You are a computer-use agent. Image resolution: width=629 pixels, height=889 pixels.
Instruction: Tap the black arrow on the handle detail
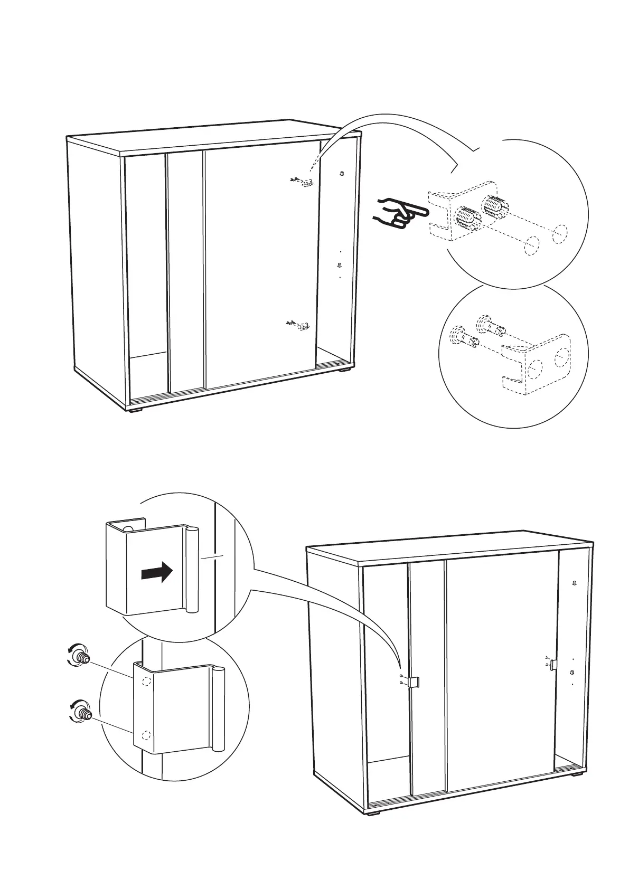(157, 572)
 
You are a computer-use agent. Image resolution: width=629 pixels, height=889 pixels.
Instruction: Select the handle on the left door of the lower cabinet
(415, 682)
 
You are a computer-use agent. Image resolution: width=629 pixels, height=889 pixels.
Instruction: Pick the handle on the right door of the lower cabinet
(553, 665)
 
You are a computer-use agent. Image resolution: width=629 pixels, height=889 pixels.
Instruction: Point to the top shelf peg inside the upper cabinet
(342, 173)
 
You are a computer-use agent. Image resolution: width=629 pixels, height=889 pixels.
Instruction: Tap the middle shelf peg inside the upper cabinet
(340, 266)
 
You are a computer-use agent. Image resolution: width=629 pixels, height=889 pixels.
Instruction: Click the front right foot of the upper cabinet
(346, 371)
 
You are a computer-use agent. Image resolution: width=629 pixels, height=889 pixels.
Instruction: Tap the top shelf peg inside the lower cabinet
(575, 583)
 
